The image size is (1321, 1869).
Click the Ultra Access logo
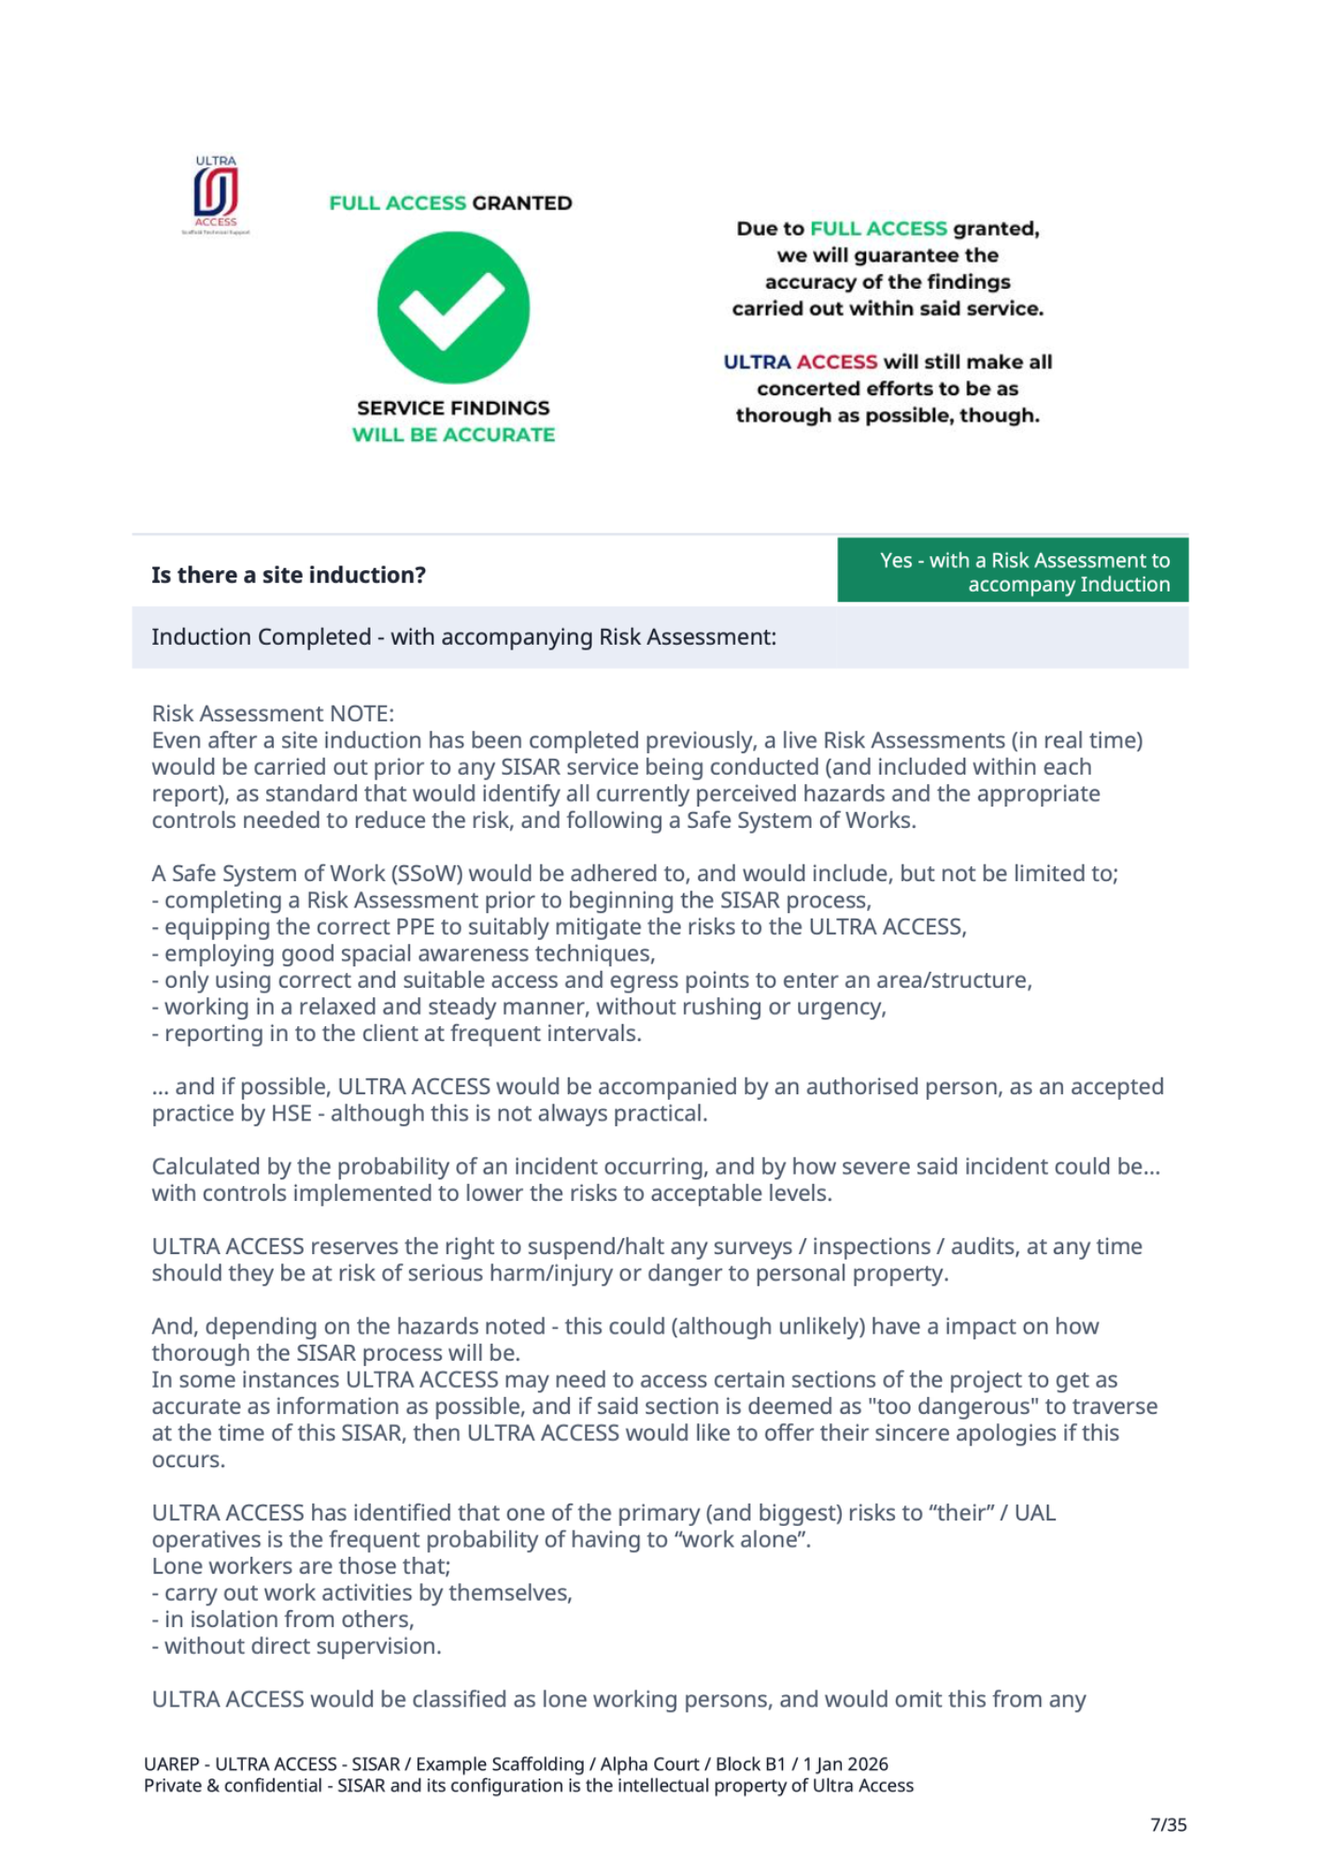click(216, 193)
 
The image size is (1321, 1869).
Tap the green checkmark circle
click(453, 307)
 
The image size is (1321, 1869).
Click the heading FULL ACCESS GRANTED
click(450, 203)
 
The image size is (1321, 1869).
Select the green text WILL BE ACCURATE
click(453, 435)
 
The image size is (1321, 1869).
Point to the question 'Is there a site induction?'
click(289, 575)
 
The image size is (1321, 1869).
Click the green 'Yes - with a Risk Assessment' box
click(1013, 571)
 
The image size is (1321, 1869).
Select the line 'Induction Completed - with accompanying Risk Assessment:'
click(463, 637)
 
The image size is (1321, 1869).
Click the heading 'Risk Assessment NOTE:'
click(273, 714)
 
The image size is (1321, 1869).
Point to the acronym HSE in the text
click(291, 1114)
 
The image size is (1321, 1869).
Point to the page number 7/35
click(1168, 1824)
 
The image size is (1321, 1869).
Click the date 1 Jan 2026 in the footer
click(845, 1764)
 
